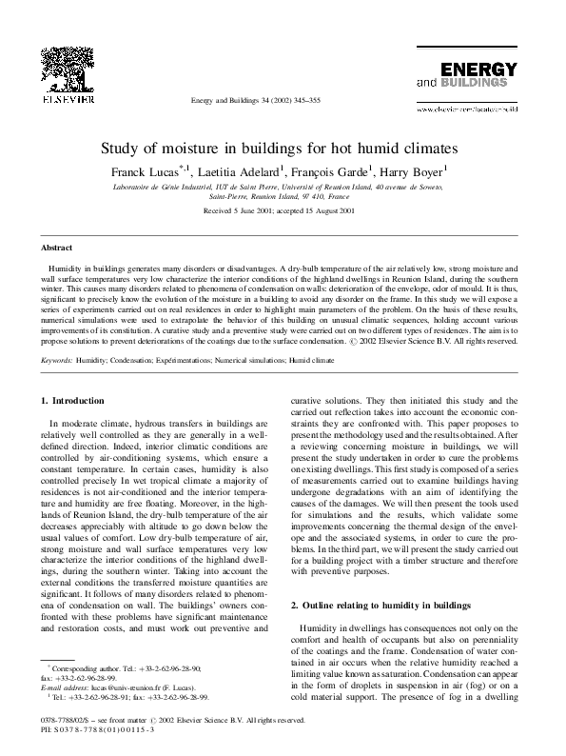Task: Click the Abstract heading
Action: tap(58, 247)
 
